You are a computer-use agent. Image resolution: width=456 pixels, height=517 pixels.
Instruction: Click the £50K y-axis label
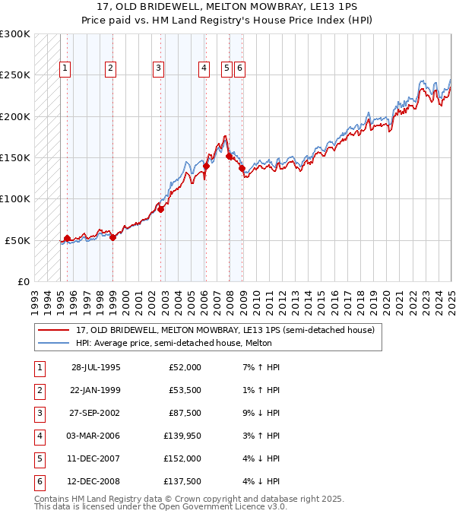coord(17,240)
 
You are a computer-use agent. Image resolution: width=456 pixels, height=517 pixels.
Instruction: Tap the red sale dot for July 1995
coord(67,238)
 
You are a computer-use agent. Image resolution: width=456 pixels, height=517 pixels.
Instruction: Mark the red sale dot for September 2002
coord(161,209)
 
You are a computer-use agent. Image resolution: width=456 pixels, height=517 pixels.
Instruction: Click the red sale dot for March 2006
coord(206,165)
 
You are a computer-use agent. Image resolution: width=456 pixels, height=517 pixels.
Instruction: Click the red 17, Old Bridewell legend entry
coord(225,330)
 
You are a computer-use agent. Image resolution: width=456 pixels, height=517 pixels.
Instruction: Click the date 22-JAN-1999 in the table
coord(95,390)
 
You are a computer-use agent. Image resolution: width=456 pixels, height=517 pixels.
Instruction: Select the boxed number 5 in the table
coord(39,459)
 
